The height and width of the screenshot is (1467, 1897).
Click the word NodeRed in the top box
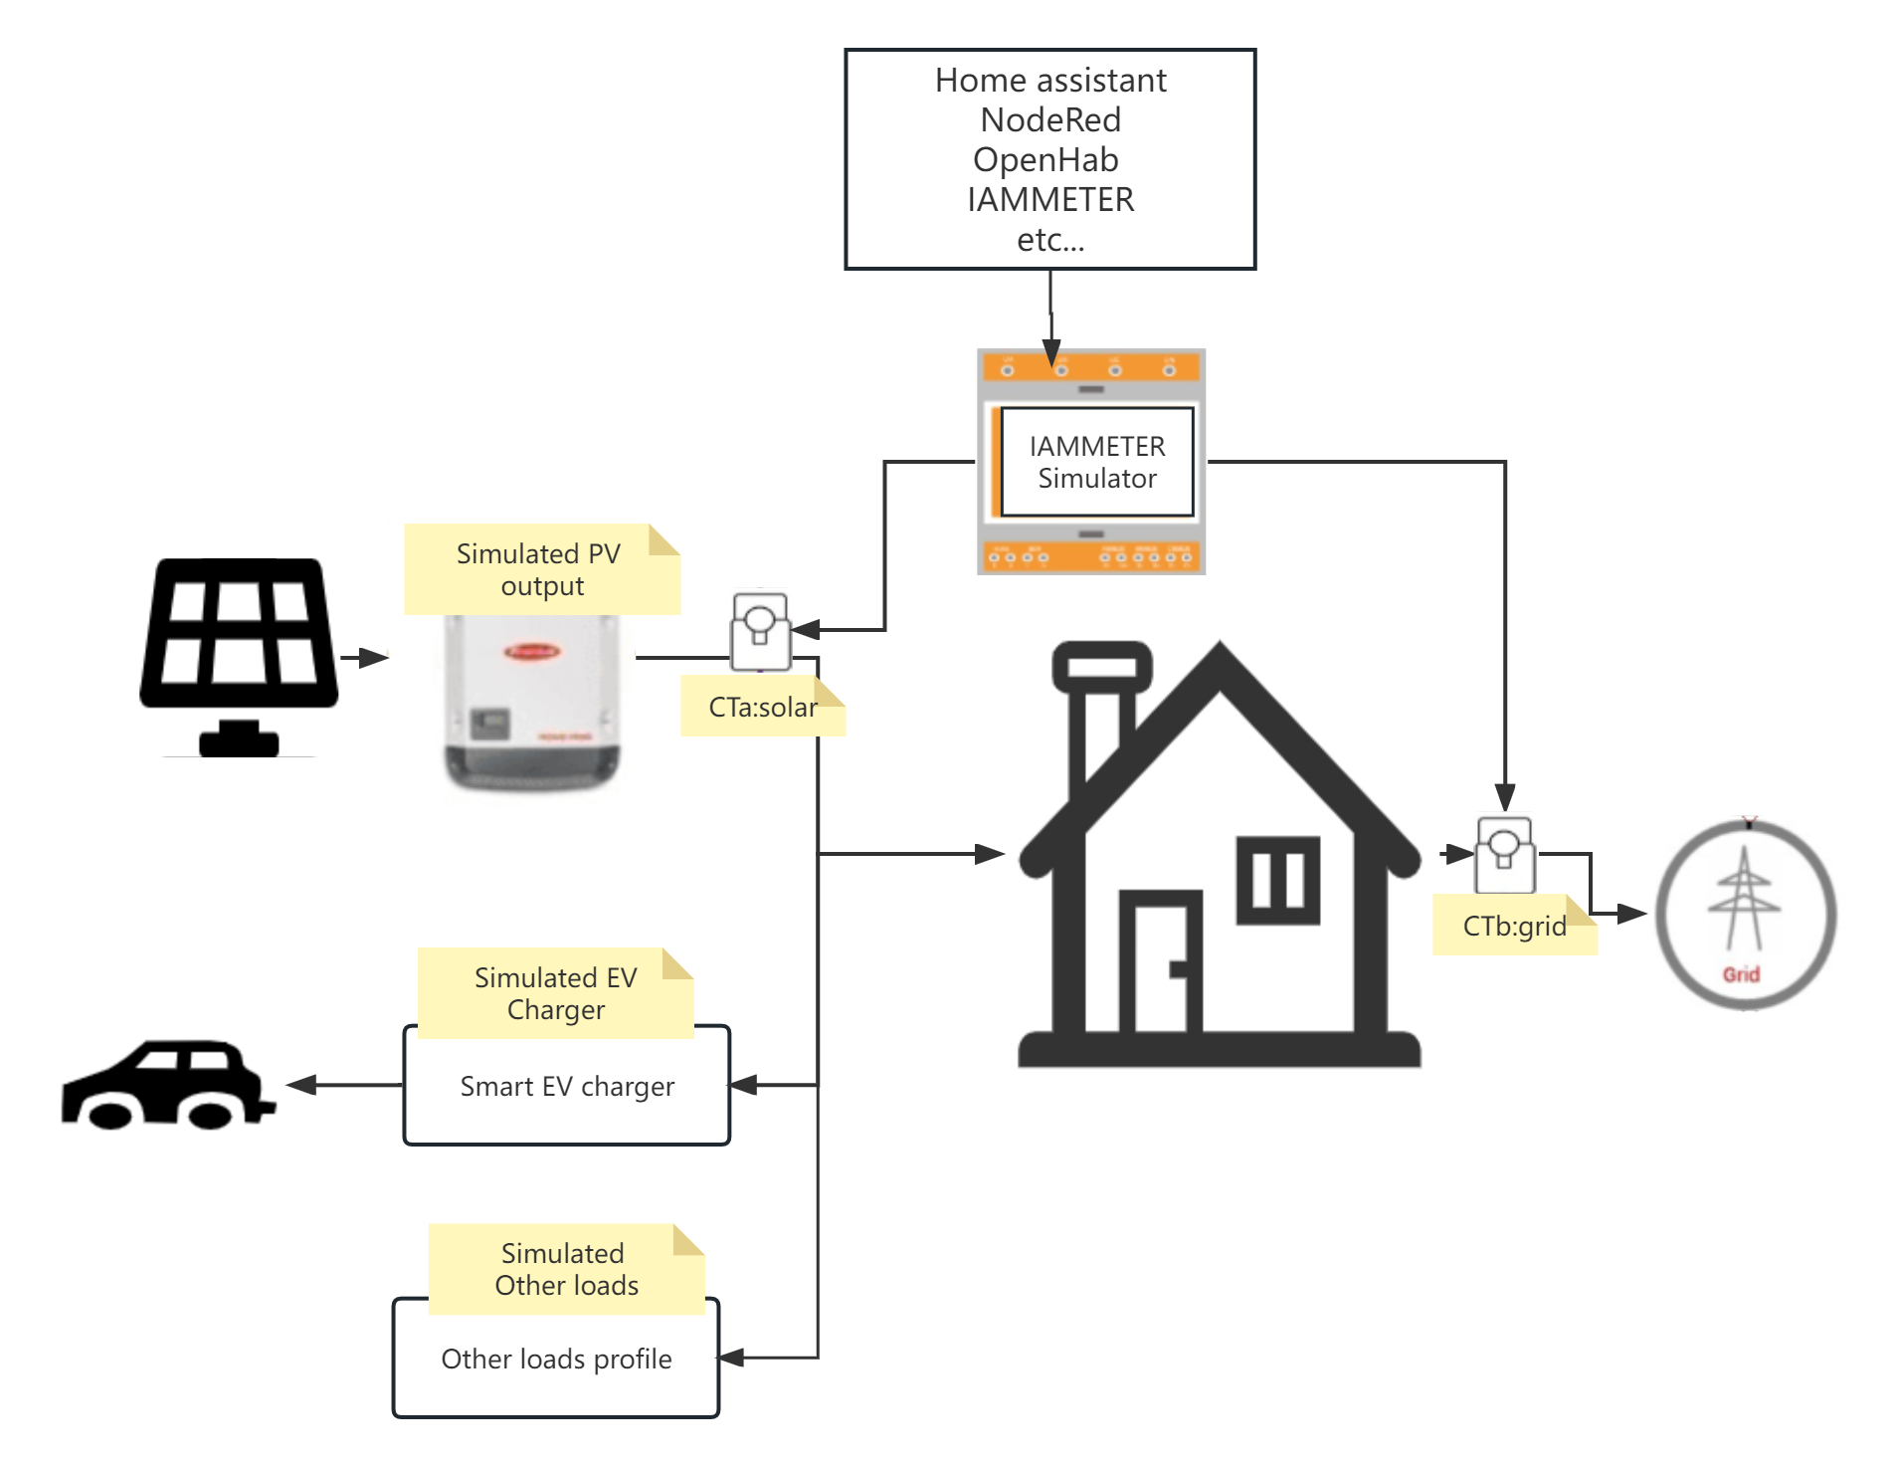pyautogui.click(x=1050, y=120)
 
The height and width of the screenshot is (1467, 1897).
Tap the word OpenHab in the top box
pyautogui.click(x=1045, y=160)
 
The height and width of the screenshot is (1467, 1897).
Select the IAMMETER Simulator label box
pyautogui.click(x=1096, y=462)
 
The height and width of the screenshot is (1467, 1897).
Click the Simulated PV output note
pyautogui.click(x=541, y=569)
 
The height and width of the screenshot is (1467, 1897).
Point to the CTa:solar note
pyautogui.click(x=762, y=708)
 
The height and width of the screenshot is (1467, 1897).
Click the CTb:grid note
pyautogui.click(x=1514, y=927)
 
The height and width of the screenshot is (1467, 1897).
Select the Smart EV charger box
pyautogui.click(x=566, y=1087)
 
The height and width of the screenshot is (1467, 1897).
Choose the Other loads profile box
pyautogui.click(x=555, y=1360)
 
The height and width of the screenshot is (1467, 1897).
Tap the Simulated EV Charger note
pyautogui.click(x=555, y=993)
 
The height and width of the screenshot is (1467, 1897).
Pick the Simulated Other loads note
pyautogui.click(x=565, y=1269)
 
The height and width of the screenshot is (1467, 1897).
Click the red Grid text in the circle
pyautogui.click(x=1741, y=974)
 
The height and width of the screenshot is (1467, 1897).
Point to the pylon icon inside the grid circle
pyautogui.click(x=1743, y=896)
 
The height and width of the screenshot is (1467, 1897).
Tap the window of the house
pyautogui.click(x=1277, y=880)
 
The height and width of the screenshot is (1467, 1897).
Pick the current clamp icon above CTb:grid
pyautogui.click(x=1505, y=853)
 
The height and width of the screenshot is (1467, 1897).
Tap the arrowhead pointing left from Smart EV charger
pyautogui.click(x=299, y=1085)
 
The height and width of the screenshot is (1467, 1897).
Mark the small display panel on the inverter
pyautogui.click(x=489, y=722)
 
